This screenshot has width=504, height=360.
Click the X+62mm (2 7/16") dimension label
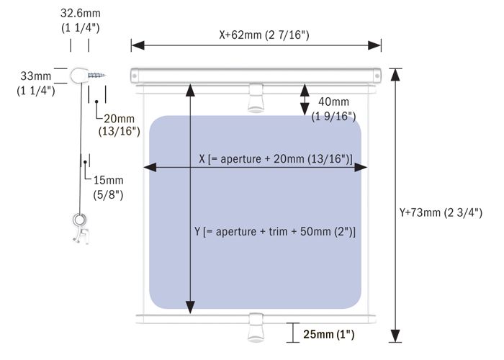[x=264, y=35]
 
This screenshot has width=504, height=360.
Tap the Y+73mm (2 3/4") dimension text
[x=441, y=212]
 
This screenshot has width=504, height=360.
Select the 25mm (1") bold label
[x=329, y=334]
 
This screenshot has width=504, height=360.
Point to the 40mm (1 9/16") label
[x=333, y=109]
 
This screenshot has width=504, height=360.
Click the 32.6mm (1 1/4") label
[x=81, y=20]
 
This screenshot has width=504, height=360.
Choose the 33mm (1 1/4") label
[x=36, y=84]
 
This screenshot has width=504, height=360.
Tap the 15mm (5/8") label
[x=108, y=187]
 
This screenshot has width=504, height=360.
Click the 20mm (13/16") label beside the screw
[x=120, y=125]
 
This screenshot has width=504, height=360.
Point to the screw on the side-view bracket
[x=96, y=76]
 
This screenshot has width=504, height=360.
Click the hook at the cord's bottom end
[x=80, y=228]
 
